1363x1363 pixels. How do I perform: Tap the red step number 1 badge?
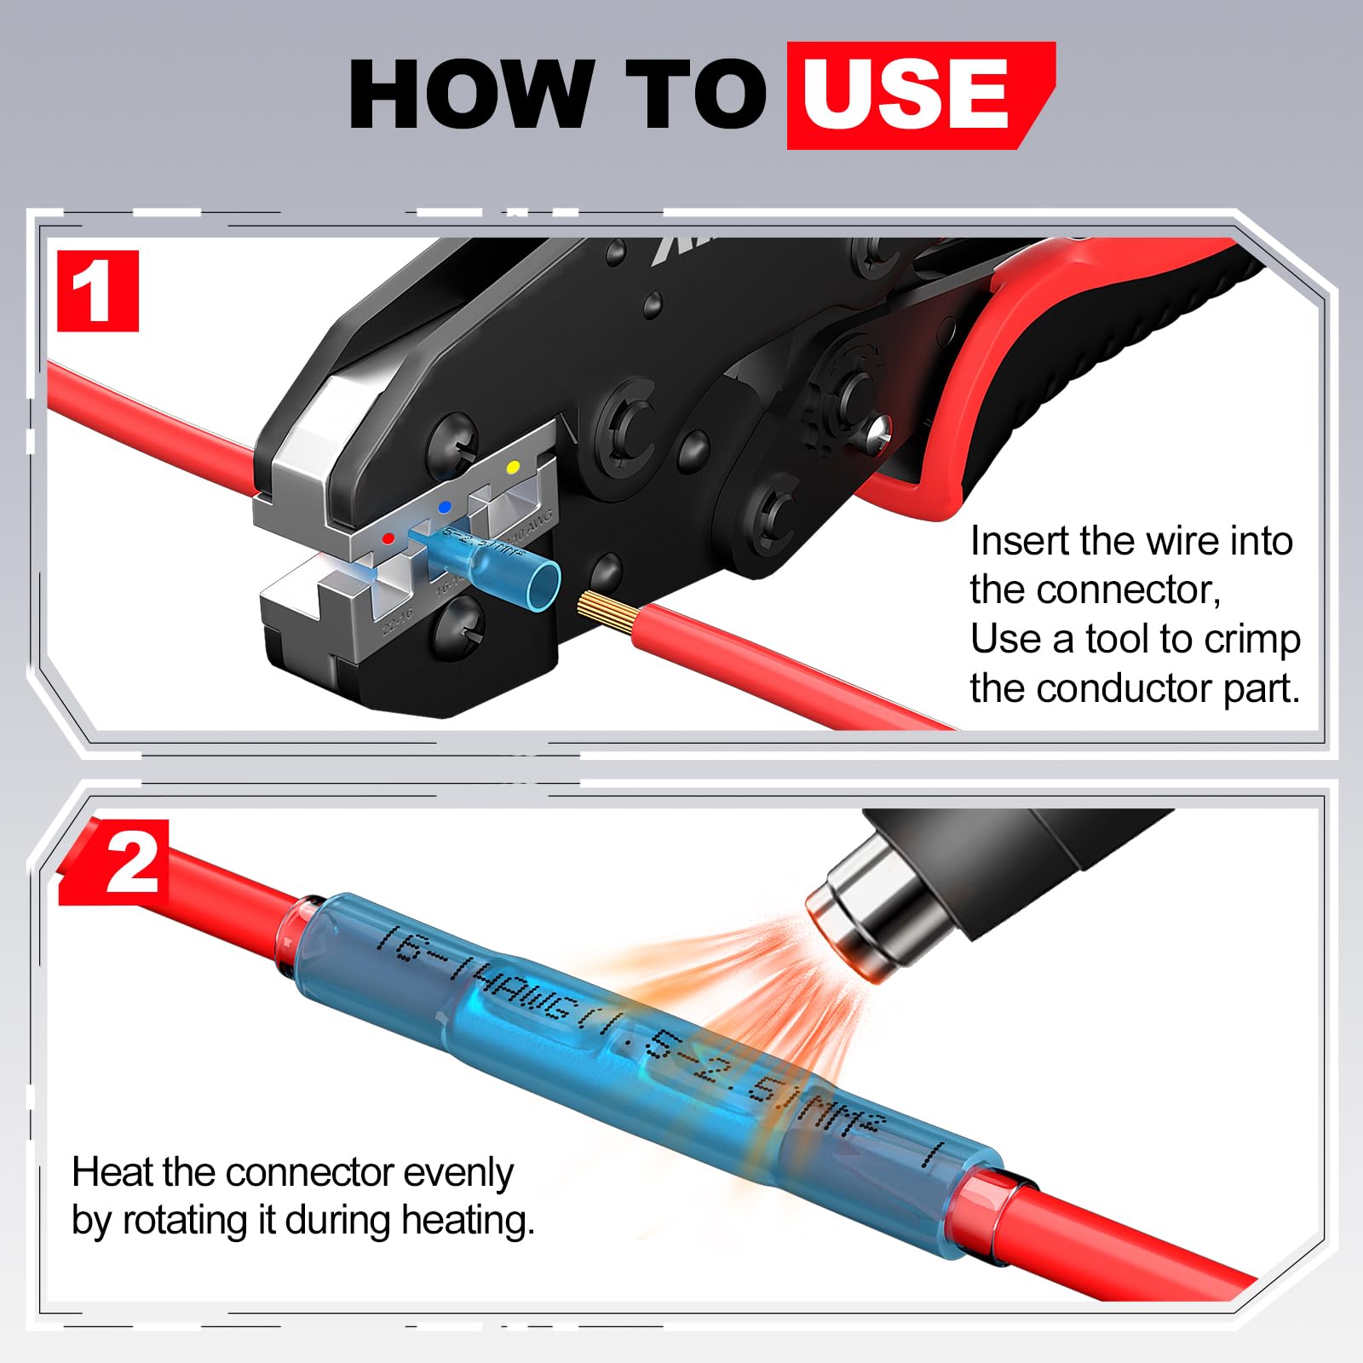click(x=98, y=291)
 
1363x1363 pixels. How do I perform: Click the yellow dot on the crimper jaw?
click(x=513, y=467)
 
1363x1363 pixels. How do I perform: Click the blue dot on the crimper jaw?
click(x=444, y=507)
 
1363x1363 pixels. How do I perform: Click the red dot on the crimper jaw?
click(x=388, y=538)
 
